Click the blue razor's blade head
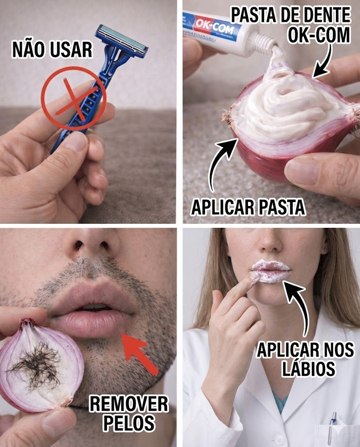click(122, 41)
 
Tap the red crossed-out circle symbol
click(74, 98)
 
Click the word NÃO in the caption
click(28, 49)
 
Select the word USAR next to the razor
click(71, 50)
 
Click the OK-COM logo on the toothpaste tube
click(214, 27)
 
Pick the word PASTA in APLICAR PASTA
click(282, 207)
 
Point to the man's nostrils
click(92, 245)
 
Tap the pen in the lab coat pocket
click(332, 428)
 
